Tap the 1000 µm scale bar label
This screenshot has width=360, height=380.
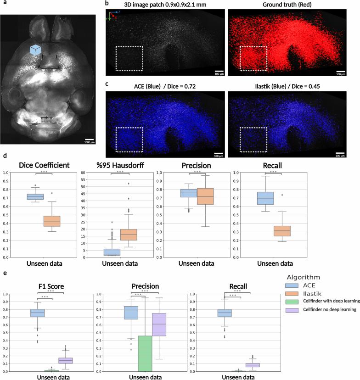(x=89, y=143)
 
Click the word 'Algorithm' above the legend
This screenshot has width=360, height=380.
(x=304, y=277)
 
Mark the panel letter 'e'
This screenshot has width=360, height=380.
(x=5, y=274)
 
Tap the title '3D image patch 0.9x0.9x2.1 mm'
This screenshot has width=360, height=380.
(x=165, y=5)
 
